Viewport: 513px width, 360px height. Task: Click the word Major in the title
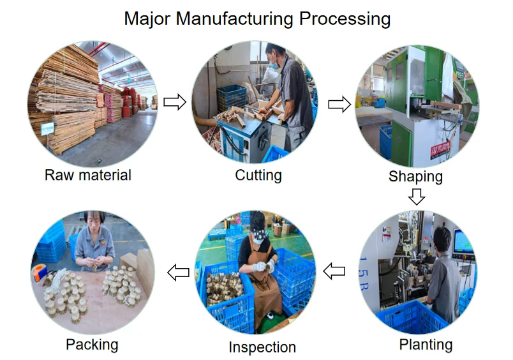147,19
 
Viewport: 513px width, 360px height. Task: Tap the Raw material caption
88,175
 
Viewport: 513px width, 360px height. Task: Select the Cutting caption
258,175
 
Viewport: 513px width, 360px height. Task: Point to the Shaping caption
415,176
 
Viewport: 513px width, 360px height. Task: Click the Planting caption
426,345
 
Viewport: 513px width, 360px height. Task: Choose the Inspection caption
262,347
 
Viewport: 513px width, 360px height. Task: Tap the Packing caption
92,345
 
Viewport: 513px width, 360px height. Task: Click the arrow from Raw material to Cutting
175,102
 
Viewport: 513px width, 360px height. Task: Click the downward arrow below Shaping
417,196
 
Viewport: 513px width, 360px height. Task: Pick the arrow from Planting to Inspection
334,271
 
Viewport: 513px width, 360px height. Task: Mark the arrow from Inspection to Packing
178,273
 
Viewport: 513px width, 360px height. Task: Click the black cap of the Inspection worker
258,223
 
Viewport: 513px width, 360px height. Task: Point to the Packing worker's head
94,223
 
